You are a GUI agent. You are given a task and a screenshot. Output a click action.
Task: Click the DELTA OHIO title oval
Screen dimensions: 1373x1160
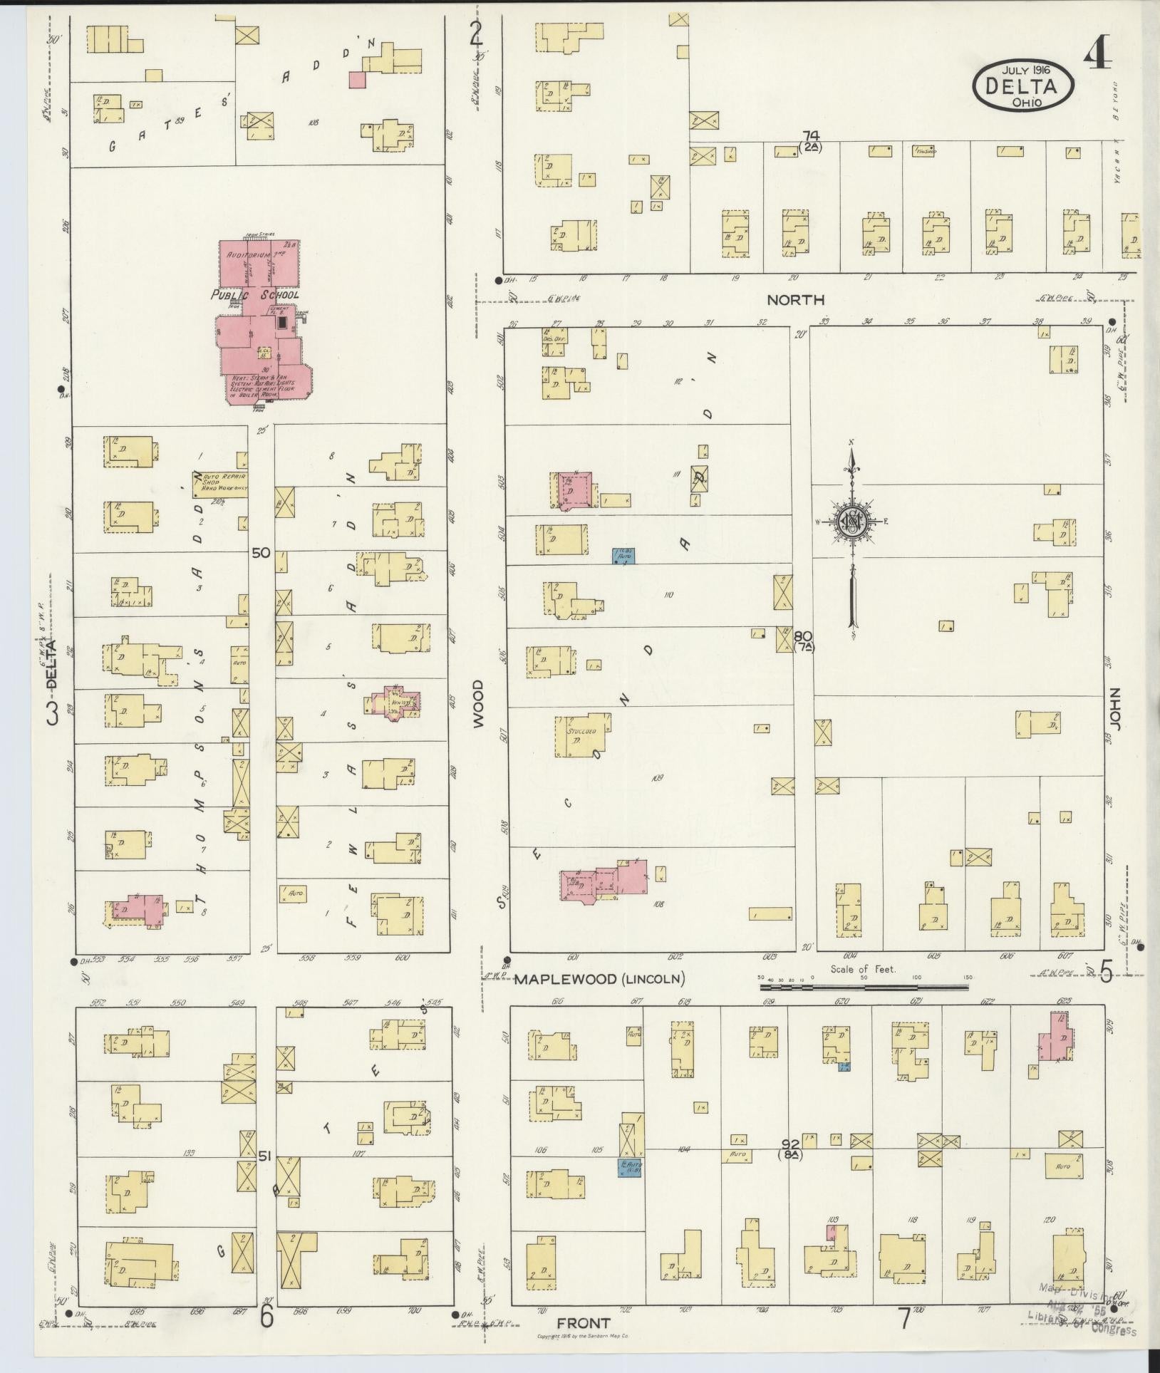click(1024, 86)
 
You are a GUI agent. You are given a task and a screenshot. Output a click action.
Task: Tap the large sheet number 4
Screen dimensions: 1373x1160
click(1098, 52)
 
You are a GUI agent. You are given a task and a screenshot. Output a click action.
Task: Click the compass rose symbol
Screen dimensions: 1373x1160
click(851, 522)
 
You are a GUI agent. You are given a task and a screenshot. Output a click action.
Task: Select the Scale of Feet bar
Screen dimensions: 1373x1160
click(862, 988)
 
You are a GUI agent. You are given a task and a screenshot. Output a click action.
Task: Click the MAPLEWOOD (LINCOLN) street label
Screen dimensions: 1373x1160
click(599, 979)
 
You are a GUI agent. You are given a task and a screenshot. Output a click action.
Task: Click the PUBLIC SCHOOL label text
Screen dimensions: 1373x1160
click(255, 294)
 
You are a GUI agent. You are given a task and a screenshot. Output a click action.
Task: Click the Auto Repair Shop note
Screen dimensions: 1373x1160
click(218, 482)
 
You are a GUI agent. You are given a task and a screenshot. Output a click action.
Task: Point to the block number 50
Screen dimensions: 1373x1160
click(261, 552)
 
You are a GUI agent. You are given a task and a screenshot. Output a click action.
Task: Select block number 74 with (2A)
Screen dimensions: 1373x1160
click(810, 140)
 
